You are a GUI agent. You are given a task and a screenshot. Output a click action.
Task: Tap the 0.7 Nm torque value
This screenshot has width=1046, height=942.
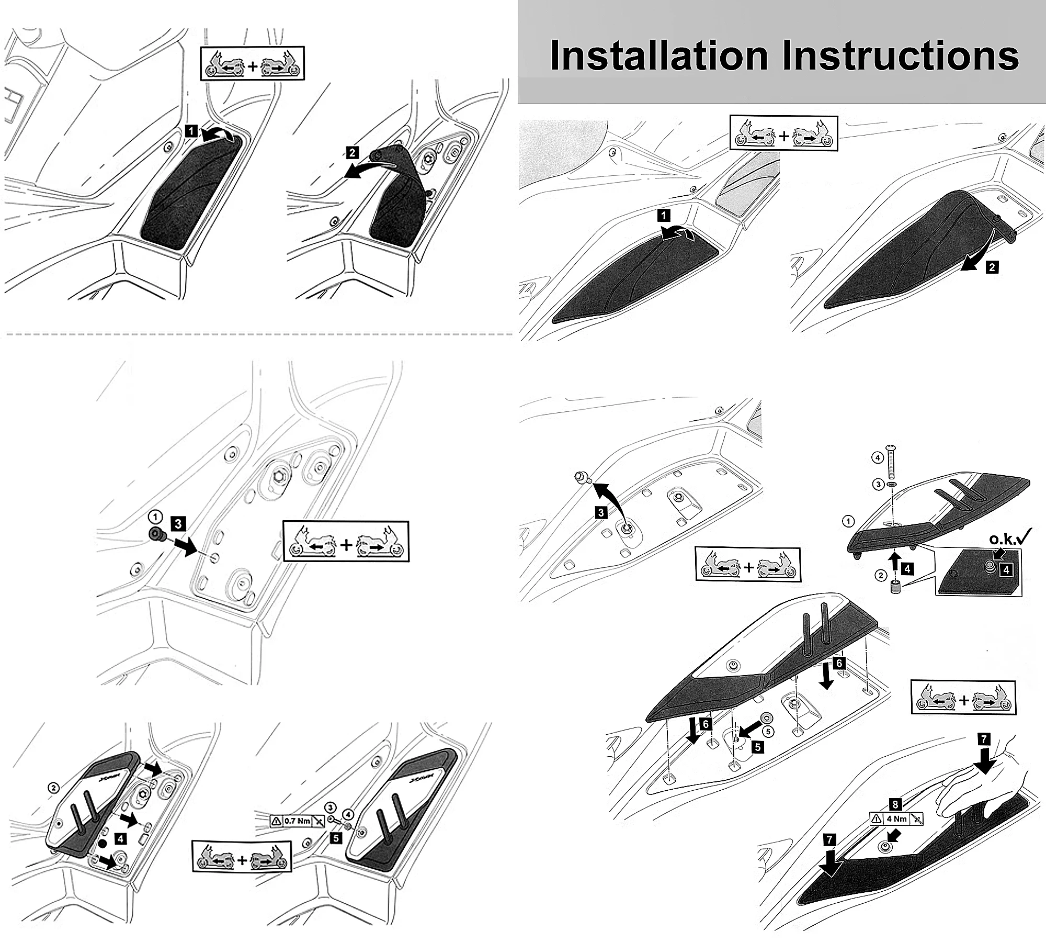coord(297,821)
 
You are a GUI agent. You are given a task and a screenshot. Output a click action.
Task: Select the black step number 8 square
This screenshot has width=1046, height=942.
coord(896,805)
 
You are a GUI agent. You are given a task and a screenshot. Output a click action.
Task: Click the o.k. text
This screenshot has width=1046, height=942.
coord(1002,540)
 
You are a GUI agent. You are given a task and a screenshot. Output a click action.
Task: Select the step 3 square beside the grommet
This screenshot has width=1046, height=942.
coord(178,524)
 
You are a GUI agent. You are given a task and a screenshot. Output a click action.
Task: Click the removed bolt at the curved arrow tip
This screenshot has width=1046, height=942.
coord(581,477)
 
